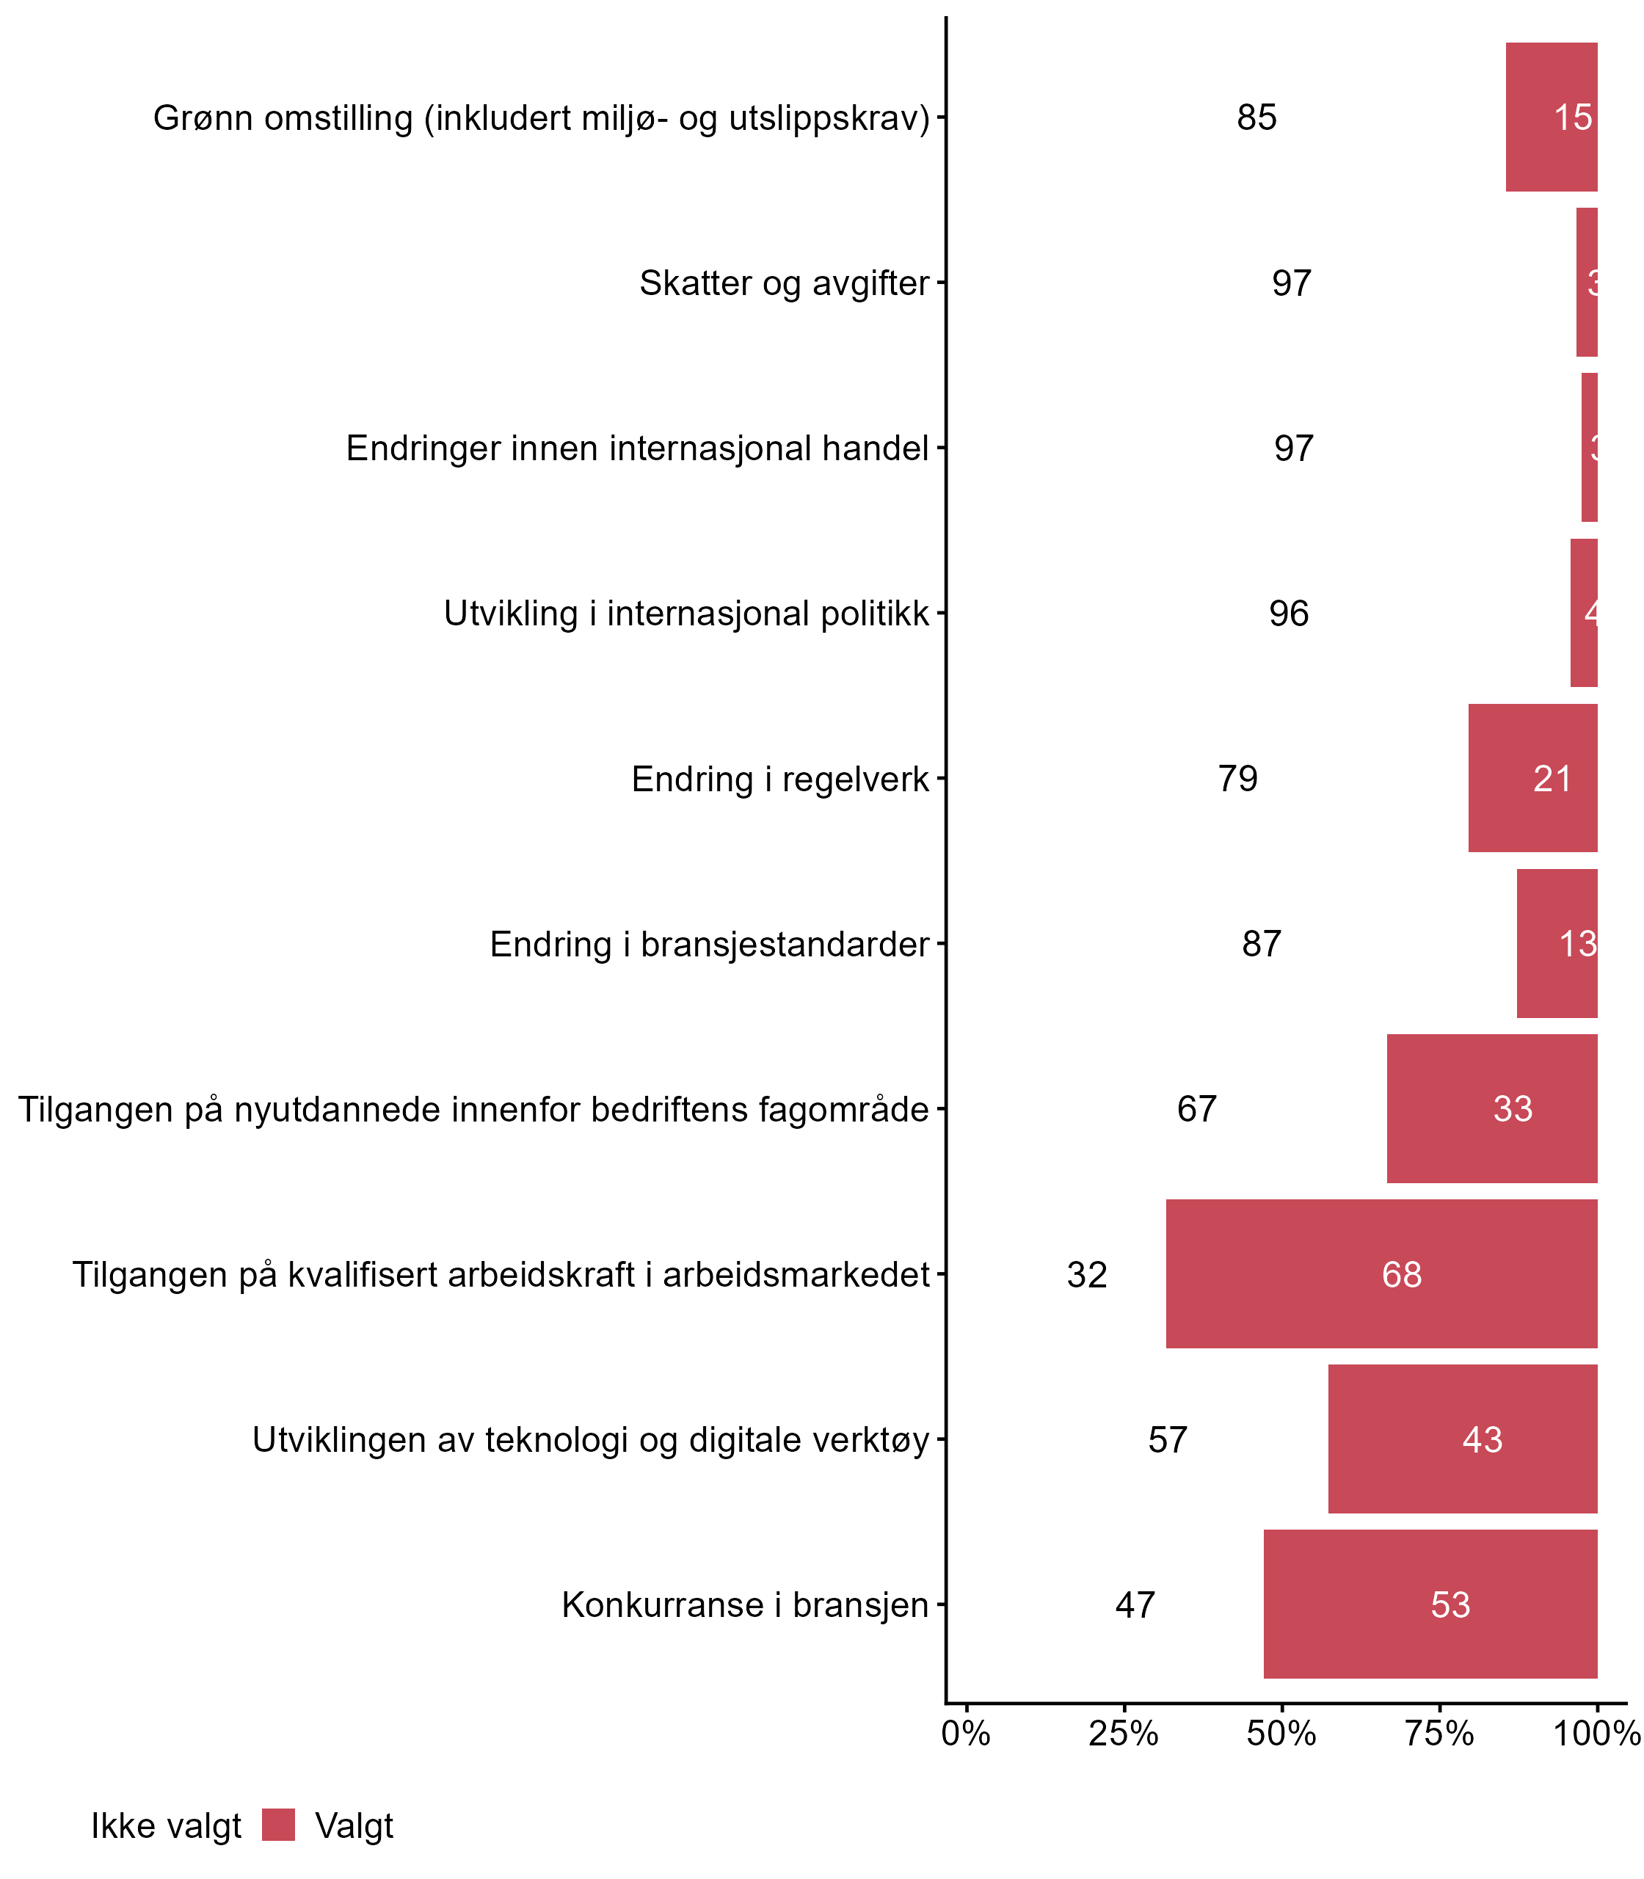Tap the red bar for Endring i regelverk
click(1532, 778)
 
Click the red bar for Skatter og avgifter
click(1586, 282)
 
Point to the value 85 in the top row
click(1256, 117)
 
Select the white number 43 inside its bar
click(1482, 1439)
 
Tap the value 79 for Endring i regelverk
click(1237, 779)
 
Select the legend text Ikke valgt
click(166, 1826)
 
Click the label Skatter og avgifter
click(784, 283)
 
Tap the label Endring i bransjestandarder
click(709, 944)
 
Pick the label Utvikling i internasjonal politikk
click(686, 614)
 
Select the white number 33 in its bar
click(1512, 1108)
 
